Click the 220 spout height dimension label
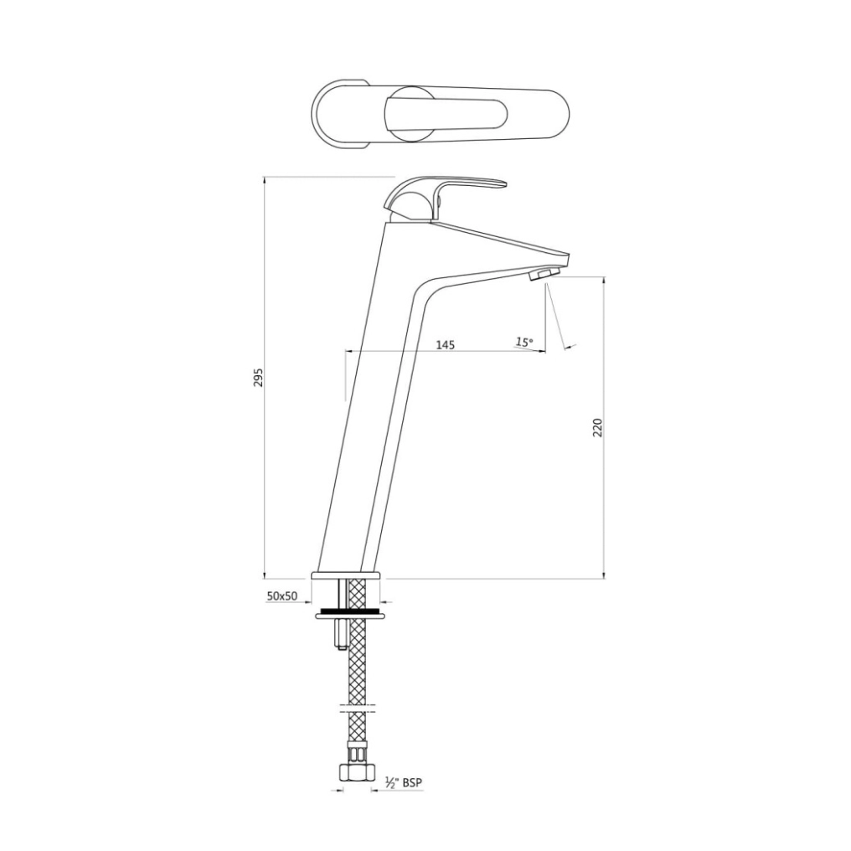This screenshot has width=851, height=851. (x=597, y=427)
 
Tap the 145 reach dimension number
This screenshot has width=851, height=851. (x=445, y=344)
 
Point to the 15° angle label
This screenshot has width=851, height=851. (x=523, y=342)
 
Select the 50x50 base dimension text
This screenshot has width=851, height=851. (x=282, y=596)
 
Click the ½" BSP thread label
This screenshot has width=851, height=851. (x=403, y=782)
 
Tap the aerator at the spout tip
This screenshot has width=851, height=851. (x=544, y=275)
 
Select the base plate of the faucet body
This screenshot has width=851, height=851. (x=348, y=575)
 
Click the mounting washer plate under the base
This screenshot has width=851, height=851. (x=350, y=616)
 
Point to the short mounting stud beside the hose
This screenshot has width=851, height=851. (x=339, y=634)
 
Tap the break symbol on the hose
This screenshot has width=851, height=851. (x=358, y=710)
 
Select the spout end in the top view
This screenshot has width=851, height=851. (x=553, y=116)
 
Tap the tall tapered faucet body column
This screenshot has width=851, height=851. (x=369, y=402)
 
